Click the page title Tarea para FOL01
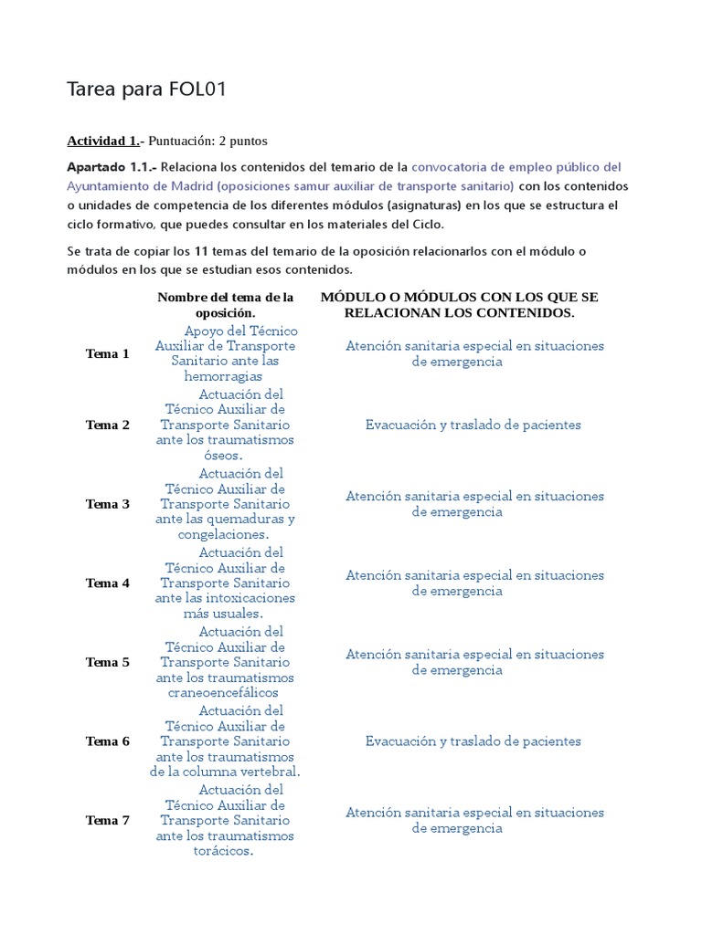[x=146, y=89]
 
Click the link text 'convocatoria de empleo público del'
[x=516, y=167]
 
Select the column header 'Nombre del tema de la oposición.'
[x=225, y=305]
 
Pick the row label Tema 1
[x=107, y=354]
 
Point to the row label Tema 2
[x=107, y=425]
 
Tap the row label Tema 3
[x=107, y=504]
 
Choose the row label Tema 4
[x=107, y=583]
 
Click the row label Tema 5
[x=107, y=663]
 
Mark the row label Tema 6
[x=107, y=741]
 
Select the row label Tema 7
[x=107, y=821]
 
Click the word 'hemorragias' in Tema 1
[x=223, y=376]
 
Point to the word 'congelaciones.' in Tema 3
[x=224, y=534]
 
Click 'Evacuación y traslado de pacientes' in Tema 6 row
[x=473, y=741]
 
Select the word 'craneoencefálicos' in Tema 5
[x=224, y=692]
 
